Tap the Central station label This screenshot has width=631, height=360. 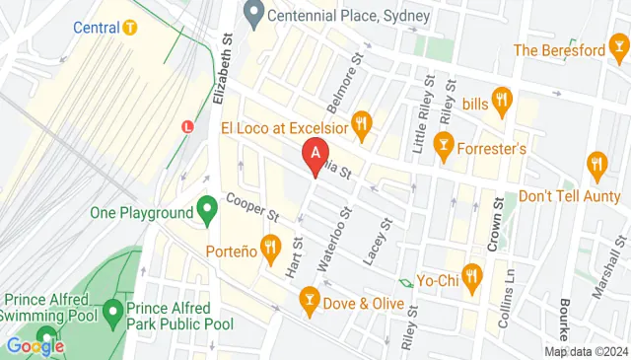(97, 27)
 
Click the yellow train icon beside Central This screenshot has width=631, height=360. (129, 27)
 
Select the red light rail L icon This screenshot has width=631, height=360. (187, 125)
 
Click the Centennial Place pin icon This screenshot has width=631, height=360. (254, 16)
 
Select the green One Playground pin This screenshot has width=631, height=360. (207, 210)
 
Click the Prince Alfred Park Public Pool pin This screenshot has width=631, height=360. (113, 315)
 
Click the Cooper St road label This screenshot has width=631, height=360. (254, 209)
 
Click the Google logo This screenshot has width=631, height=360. (35, 345)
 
